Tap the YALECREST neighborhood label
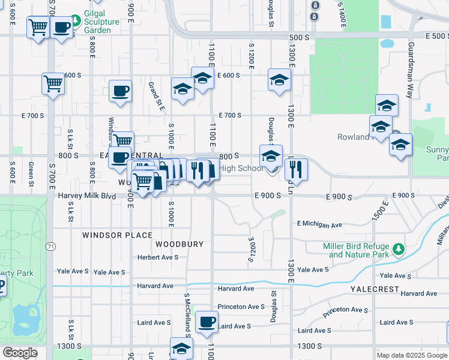tap(375, 289)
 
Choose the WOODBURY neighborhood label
tap(175, 244)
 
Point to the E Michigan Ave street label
tap(319, 224)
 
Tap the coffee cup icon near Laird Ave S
tap(207, 322)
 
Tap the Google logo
tap(20, 353)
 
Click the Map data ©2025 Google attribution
tap(412, 355)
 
